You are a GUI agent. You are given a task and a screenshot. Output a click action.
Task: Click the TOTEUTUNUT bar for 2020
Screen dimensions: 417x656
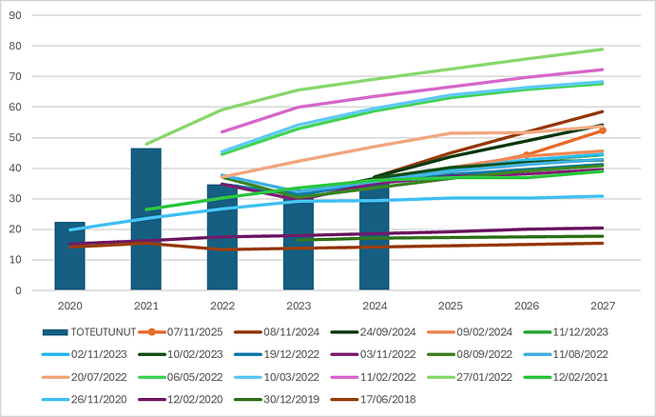[69, 256]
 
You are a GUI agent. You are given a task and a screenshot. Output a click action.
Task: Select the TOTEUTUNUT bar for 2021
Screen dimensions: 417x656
[145, 219]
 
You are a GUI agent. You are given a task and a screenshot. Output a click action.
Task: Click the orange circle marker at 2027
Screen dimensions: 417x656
[603, 130]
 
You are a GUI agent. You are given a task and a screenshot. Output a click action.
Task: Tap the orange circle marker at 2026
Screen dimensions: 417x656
[527, 155]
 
